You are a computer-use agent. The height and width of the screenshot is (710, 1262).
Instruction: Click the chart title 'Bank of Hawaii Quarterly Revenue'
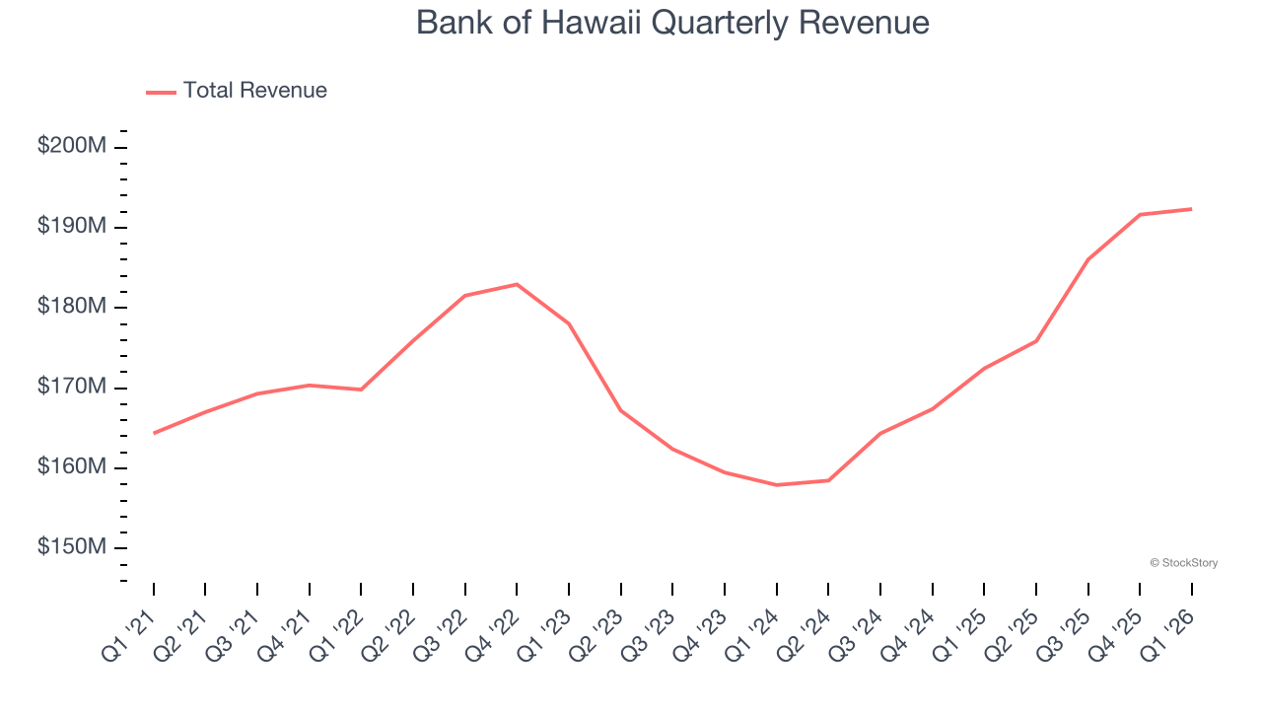click(x=672, y=23)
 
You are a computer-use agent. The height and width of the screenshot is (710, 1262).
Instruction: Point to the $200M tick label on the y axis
click(x=72, y=146)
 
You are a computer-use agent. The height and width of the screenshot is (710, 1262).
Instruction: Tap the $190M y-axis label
click(x=72, y=226)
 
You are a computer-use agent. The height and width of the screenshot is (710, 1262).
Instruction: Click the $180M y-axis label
click(x=72, y=307)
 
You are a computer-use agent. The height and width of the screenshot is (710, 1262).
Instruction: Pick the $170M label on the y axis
click(x=72, y=387)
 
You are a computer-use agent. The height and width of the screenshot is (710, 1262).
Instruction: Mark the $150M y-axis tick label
click(x=72, y=547)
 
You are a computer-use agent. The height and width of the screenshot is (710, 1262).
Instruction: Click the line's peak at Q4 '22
click(x=517, y=284)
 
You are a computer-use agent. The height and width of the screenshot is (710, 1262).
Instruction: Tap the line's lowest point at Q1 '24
click(x=776, y=485)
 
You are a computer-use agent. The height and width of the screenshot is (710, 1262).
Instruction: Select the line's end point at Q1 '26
click(x=1191, y=209)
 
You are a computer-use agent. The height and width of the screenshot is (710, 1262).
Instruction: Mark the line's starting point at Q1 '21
click(x=154, y=433)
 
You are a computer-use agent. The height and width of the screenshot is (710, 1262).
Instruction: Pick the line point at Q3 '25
click(x=1087, y=259)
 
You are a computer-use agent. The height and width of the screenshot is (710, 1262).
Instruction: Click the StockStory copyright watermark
click(x=1183, y=563)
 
